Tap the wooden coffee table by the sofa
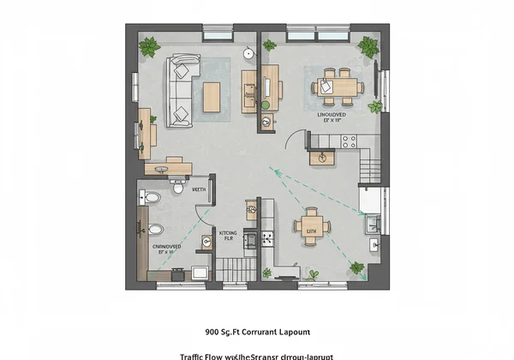tap(212, 93)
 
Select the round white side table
tap(248, 54)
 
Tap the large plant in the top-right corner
tap(369, 47)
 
